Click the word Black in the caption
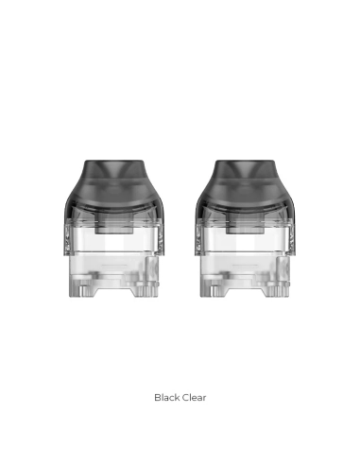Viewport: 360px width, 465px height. click(167, 398)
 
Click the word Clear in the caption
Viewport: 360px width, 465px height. click(194, 398)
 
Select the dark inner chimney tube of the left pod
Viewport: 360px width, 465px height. click(114, 223)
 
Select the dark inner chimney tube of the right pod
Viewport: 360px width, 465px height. click(246, 223)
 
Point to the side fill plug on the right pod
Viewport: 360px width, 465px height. click(283, 268)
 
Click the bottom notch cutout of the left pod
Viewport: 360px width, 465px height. click(114, 292)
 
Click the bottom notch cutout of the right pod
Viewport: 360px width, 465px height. click(246, 292)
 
